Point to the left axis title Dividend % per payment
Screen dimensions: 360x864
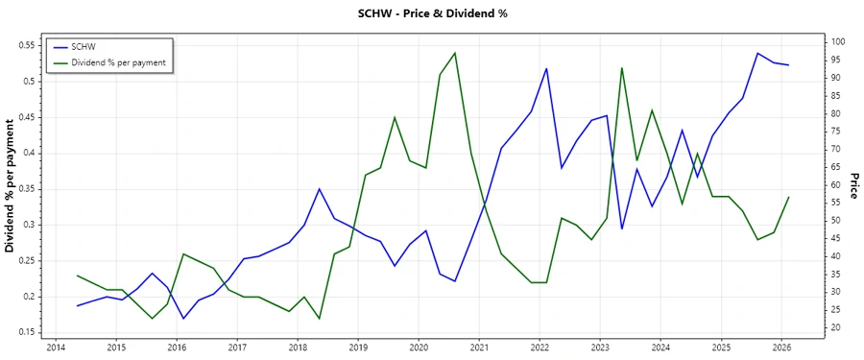(x=11, y=186)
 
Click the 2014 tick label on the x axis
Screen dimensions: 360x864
(x=55, y=348)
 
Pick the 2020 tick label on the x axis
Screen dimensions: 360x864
(x=419, y=348)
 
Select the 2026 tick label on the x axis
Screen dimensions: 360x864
(x=781, y=348)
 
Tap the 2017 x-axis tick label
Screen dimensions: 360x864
(x=236, y=348)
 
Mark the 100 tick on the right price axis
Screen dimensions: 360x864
(x=838, y=42)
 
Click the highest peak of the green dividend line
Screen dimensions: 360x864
(x=455, y=53)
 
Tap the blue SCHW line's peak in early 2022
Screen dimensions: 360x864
(x=546, y=68)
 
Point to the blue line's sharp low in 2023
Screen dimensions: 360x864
(x=622, y=228)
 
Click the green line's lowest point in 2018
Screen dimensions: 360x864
(x=320, y=318)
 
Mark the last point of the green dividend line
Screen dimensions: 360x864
(x=789, y=197)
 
